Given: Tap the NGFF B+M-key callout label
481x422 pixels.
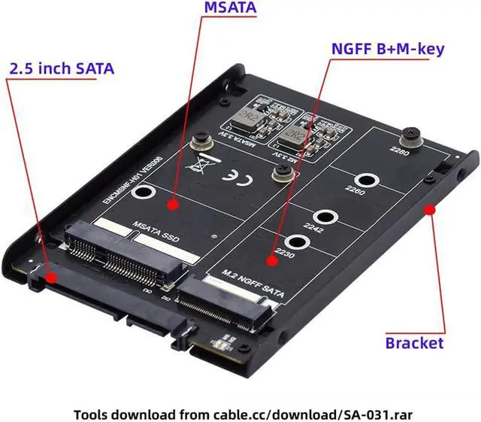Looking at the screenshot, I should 388,50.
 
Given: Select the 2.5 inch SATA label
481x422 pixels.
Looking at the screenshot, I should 62,68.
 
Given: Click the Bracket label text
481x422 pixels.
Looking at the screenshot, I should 414,343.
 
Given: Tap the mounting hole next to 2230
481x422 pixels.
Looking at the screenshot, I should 298,243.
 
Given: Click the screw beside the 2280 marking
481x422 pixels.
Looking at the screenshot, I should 411,136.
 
